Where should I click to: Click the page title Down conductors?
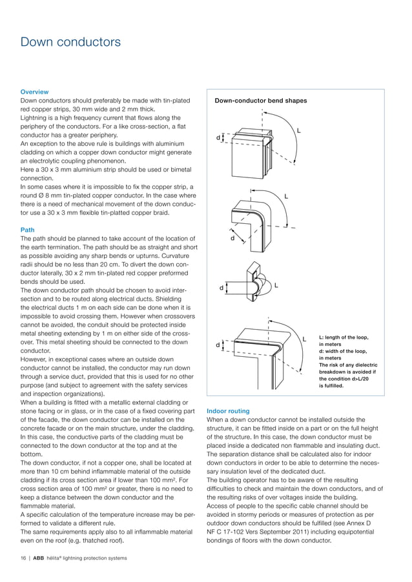pyautogui.click(x=70, y=43)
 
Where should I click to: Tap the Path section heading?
pyautogui.click(x=28, y=230)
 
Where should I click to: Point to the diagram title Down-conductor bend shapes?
pyautogui.click(x=260, y=101)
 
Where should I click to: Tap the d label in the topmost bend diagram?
pyautogui.click(x=218, y=137)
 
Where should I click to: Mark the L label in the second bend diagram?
pyautogui.click(x=286, y=196)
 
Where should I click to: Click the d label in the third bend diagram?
pyautogui.click(x=221, y=288)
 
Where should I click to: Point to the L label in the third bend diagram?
pyautogui.click(x=276, y=285)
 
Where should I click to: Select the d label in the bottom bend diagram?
pyautogui.click(x=218, y=345)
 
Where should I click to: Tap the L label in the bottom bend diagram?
pyautogui.click(x=304, y=339)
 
